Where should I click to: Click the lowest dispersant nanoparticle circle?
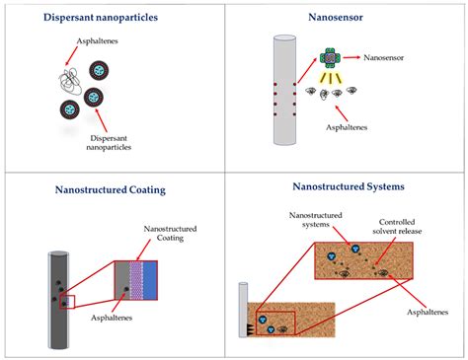[x=70, y=109]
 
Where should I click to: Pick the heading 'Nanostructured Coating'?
[x=116, y=191]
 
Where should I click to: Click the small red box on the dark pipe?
[x=67, y=300]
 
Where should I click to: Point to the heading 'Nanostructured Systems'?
[x=349, y=184]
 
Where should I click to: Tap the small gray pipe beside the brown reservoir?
[x=241, y=310]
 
